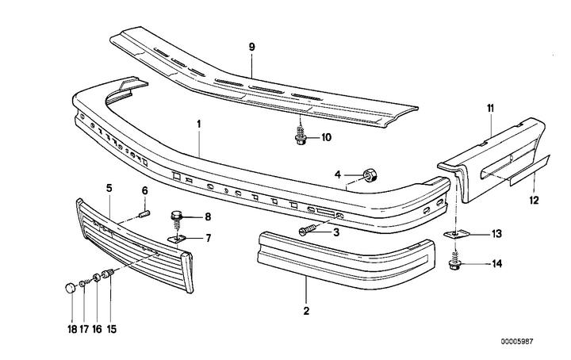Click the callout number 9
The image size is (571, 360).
tap(251, 48)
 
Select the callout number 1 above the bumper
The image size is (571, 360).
tap(199, 124)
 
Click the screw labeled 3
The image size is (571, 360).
tap(308, 231)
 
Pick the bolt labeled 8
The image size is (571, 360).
tap(178, 216)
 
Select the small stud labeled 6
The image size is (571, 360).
tap(144, 212)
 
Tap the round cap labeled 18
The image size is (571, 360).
tap(70, 285)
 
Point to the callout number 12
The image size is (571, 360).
tap(534, 201)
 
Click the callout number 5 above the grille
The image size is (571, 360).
tap(109, 187)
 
